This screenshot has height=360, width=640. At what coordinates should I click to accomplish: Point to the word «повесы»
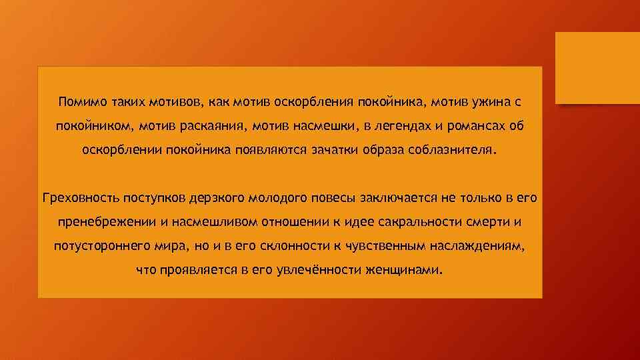[332, 198]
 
